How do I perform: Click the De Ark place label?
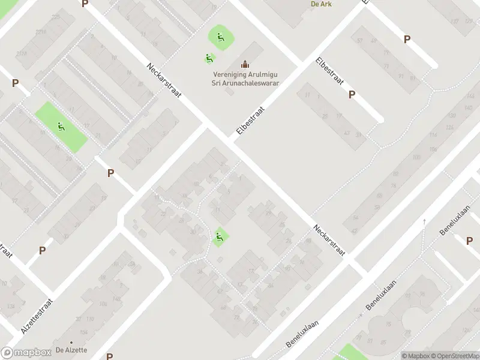pyautogui.click(x=321, y=4)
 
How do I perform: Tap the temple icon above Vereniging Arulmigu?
pyautogui.click(x=244, y=64)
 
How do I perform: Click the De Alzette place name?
pyautogui.click(x=71, y=350)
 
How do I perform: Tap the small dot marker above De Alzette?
pyautogui.click(x=71, y=342)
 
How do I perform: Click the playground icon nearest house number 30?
pyautogui.click(x=219, y=238)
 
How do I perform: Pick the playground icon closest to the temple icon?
pyautogui.click(x=209, y=58)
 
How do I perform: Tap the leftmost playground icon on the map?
pyautogui.click(x=61, y=127)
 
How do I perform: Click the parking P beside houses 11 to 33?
pyautogui.click(x=352, y=94)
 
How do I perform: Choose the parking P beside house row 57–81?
pyautogui.click(x=407, y=40)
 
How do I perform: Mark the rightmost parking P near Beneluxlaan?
pyautogui.click(x=469, y=240)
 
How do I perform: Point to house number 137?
pyautogui.click(x=455, y=22)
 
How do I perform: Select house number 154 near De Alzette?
pyautogui.click(x=84, y=332)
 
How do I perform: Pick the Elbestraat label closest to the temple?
pyautogui.click(x=250, y=118)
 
